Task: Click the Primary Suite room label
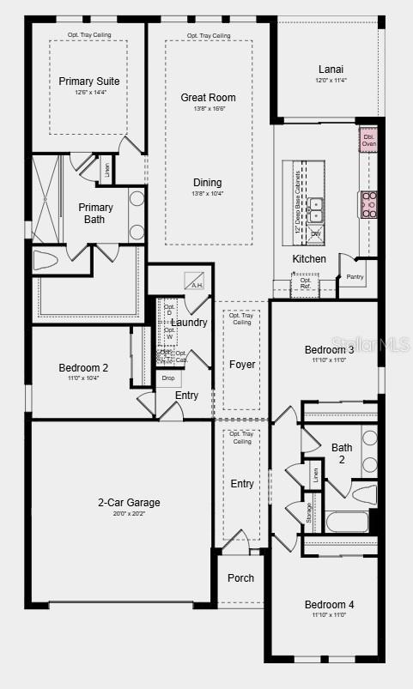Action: point(89,82)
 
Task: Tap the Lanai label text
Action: point(331,69)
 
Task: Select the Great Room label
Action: point(208,98)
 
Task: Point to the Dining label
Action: point(207,183)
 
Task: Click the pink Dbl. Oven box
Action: point(368,140)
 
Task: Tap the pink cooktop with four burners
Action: point(369,204)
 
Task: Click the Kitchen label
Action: point(309,259)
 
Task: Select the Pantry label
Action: point(355,276)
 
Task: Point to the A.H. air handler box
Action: point(195,281)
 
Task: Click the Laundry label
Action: point(189,323)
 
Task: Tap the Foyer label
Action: point(242,365)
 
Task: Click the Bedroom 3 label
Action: point(329,350)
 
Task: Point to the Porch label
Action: point(240,577)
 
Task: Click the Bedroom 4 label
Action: point(329,605)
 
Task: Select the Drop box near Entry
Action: point(168,378)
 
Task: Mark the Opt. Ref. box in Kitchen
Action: point(306,284)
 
